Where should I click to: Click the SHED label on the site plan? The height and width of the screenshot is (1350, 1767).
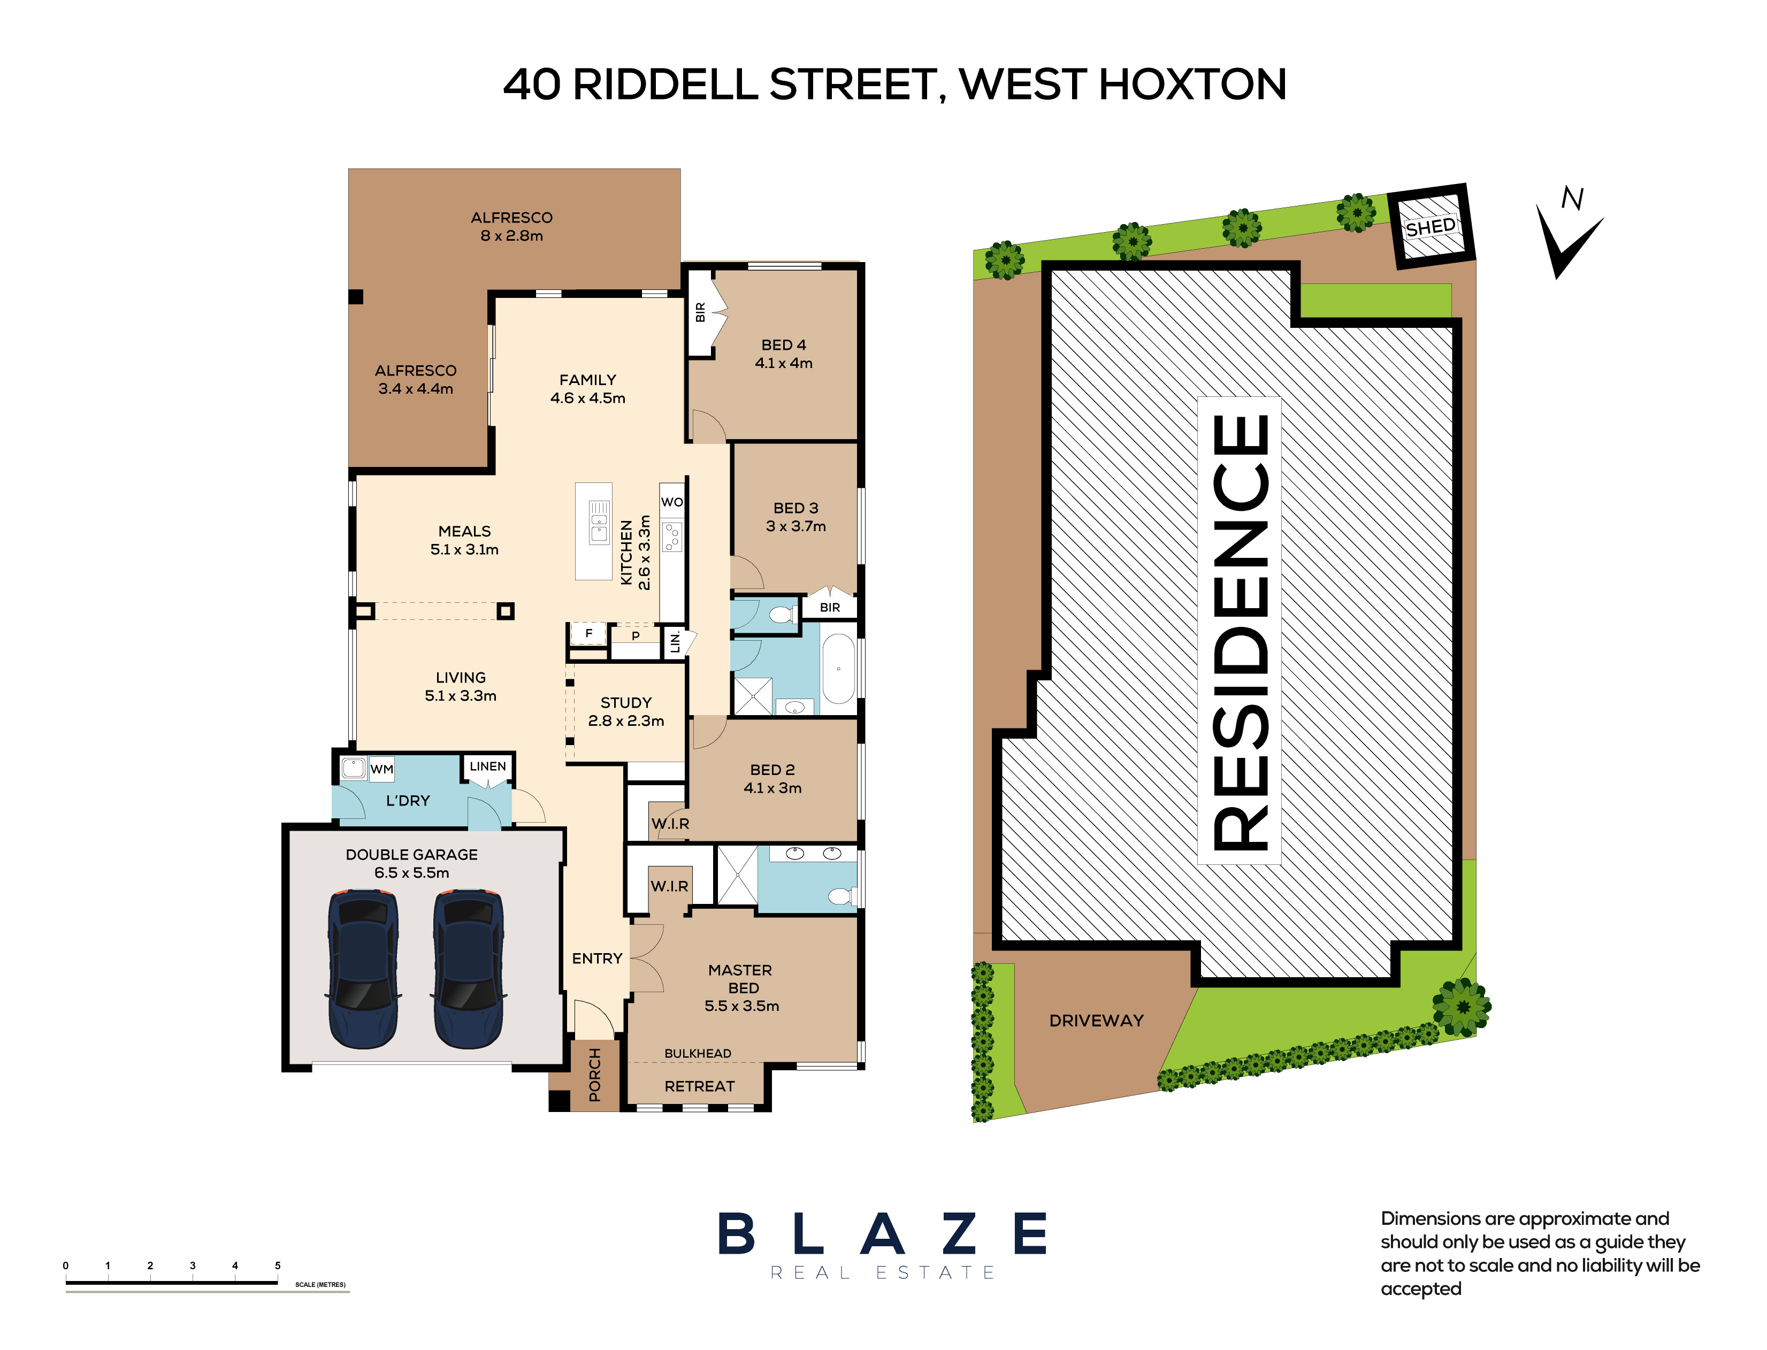click(x=1431, y=227)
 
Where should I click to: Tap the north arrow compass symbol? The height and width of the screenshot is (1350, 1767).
click(x=1567, y=237)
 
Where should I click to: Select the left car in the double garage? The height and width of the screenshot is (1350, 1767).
click(x=363, y=968)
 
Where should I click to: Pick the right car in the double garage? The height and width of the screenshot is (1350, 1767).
click(x=469, y=968)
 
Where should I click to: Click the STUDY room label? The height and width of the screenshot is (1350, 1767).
click(x=626, y=702)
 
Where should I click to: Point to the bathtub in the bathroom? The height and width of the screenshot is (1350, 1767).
click(x=838, y=669)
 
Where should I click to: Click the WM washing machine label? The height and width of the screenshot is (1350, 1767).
click(x=381, y=769)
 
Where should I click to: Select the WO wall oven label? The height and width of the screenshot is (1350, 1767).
click(x=672, y=502)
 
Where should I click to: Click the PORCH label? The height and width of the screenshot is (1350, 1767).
click(x=595, y=1075)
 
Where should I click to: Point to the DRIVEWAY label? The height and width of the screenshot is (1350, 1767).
click(x=1096, y=1021)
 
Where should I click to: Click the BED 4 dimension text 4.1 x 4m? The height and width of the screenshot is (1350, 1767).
click(x=783, y=363)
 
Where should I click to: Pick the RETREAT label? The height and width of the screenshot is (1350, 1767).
click(x=699, y=1086)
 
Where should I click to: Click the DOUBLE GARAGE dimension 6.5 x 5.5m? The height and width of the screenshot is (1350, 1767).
click(x=411, y=873)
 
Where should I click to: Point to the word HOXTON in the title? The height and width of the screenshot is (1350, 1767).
click(x=1192, y=85)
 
